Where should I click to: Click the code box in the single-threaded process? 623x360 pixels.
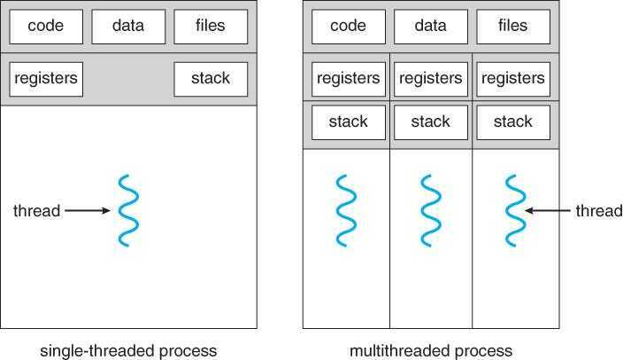[46, 27]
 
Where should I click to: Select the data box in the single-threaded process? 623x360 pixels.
[128, 27]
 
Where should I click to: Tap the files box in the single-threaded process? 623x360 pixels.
[211, 27]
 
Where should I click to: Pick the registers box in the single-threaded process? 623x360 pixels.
[46, 79]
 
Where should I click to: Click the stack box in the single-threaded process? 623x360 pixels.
[211, 79]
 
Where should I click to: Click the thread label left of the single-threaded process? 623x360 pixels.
[36, 211]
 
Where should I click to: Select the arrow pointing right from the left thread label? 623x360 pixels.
[87, 211]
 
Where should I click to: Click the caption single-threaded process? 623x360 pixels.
[128, 350]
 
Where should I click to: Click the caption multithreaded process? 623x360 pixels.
[431, 350]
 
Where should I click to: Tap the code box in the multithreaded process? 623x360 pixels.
[348, 27]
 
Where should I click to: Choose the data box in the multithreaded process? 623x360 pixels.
[431, 27]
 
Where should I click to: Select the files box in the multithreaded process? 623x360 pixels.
[513, 27]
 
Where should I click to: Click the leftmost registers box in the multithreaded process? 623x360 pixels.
[348, 79]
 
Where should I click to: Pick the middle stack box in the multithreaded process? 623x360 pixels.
[431, 121]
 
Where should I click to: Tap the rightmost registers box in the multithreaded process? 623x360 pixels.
[513, 79]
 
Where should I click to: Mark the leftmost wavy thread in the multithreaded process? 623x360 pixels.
[346, 211]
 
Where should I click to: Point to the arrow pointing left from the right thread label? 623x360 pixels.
[548, 211]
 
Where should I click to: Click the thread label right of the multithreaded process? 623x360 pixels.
[599, 211]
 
